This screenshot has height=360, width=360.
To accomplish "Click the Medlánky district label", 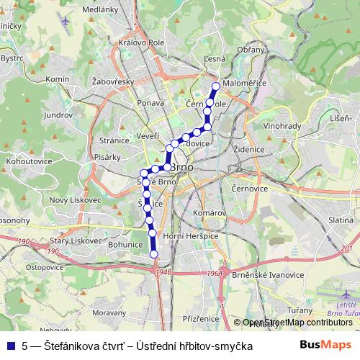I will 100,10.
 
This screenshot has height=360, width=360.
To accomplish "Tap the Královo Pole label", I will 136,42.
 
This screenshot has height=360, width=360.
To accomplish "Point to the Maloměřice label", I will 245,84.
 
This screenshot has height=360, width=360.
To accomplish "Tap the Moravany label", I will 111,313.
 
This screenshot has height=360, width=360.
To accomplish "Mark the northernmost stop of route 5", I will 215,88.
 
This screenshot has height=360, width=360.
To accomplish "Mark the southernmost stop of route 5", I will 153,253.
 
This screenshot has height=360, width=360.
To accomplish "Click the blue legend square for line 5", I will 11,346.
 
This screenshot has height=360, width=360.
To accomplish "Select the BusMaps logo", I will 325,346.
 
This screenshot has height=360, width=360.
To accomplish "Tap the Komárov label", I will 210,214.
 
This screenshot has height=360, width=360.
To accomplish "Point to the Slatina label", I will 340,219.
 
